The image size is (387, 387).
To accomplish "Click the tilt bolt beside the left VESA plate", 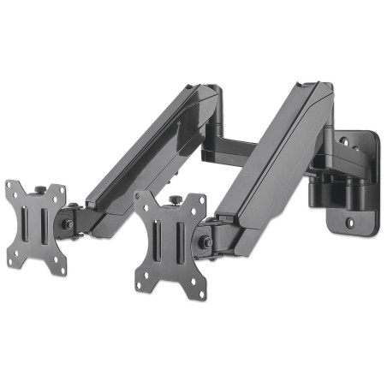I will pos(67,224).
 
